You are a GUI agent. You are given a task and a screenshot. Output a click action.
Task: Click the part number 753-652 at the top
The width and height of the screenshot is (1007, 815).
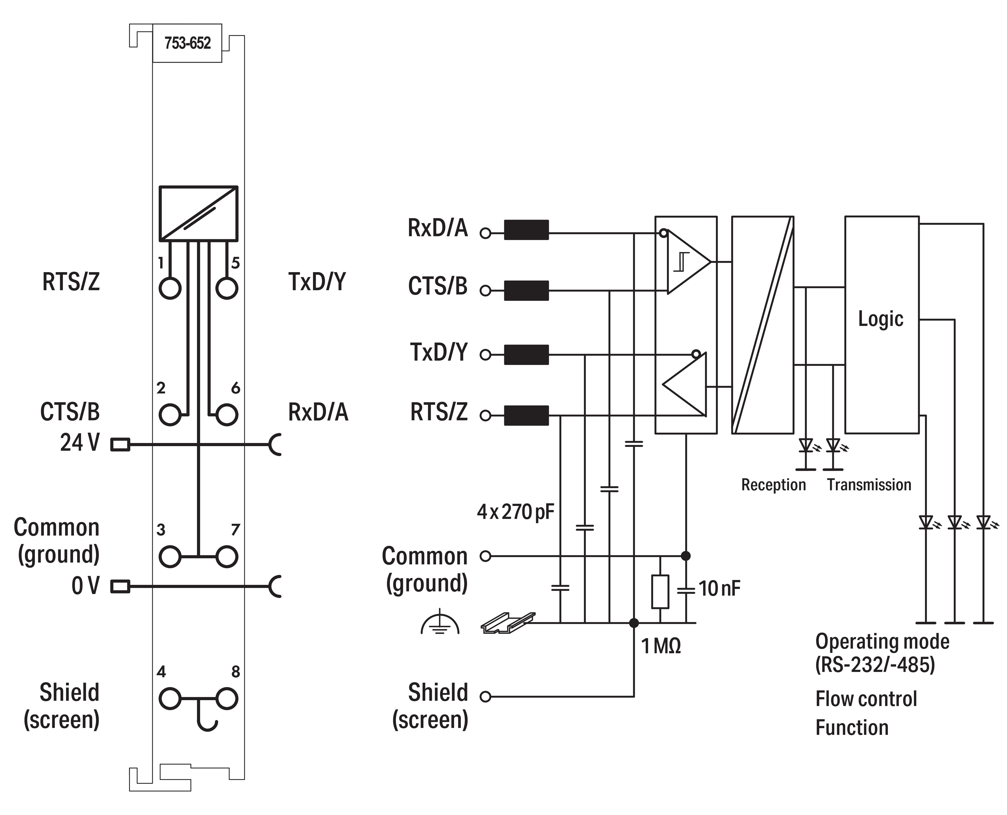point(187,43)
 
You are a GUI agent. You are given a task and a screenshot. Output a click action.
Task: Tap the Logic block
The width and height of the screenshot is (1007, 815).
point(881,324)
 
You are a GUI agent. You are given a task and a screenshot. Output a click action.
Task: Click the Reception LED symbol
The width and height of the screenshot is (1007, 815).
point(806,445)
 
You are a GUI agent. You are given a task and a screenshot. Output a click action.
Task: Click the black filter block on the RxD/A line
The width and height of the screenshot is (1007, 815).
point(526,230)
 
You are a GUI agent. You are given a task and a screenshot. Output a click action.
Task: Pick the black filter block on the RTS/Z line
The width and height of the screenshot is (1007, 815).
point(526,415)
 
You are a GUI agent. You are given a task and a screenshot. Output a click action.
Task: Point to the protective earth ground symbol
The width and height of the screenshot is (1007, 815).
point(440,623)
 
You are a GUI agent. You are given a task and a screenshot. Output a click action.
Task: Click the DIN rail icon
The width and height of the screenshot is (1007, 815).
point(508,623)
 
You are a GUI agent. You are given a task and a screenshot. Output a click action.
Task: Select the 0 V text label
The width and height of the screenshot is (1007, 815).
point(85,586)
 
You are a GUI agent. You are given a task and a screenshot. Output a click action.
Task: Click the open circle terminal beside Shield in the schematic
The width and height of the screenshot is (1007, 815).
point(485,697)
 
